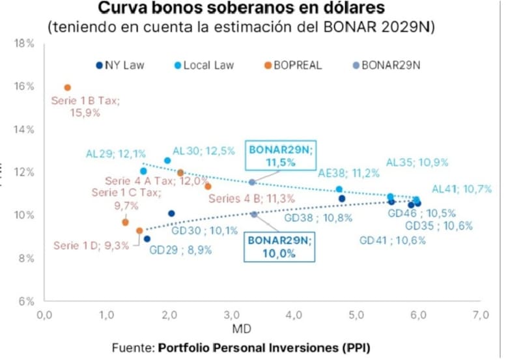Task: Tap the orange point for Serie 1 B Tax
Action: point(67,87)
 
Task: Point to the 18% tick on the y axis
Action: point(25,44)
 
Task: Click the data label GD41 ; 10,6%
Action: point(393,240)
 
